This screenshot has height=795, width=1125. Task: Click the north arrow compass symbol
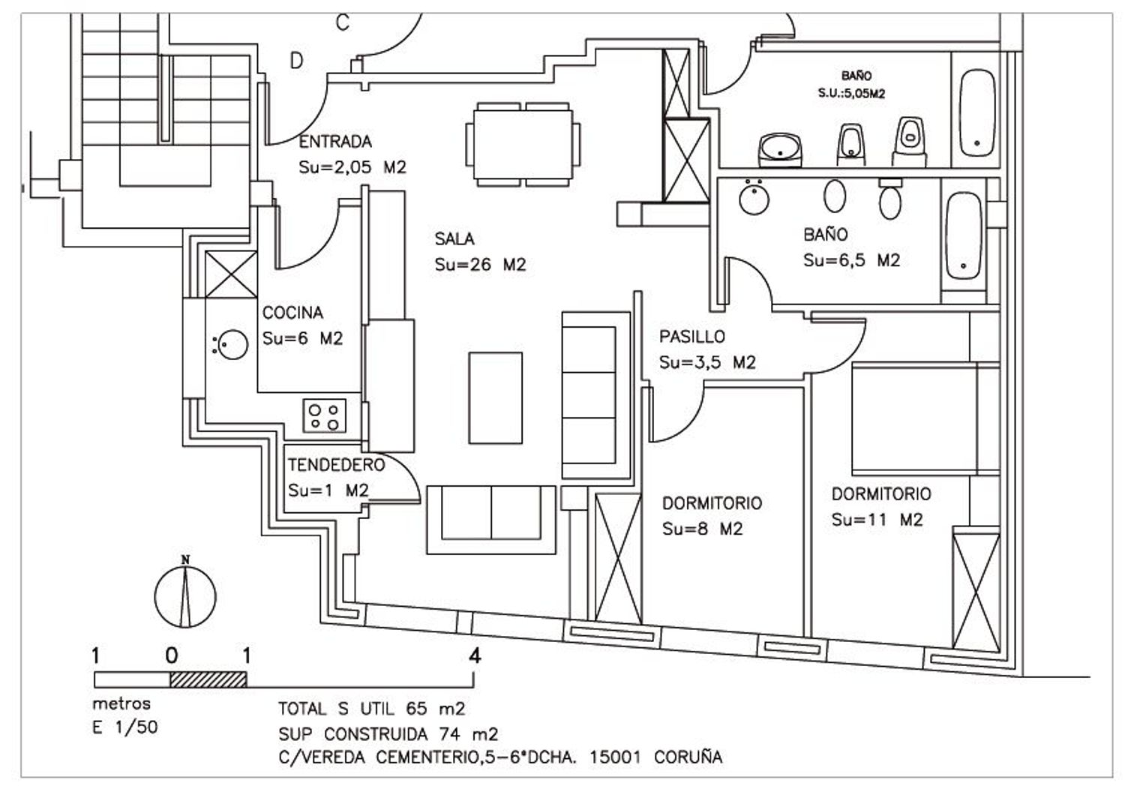tap(185, 595)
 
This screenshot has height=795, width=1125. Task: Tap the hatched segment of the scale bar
tap(208, 679)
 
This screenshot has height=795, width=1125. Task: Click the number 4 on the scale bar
tap(474, 656)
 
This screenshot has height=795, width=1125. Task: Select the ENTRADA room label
tap(335, 142)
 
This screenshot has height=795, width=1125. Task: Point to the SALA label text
tap(454, 239)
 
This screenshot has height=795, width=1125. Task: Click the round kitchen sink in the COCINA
tap(231, 344)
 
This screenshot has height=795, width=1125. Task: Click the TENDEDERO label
tap(336, 465)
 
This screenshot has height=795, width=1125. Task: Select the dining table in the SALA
tap(523, 144)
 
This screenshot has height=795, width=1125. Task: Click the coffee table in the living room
tap(496, 397)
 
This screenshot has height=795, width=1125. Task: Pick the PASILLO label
tap(692, 337)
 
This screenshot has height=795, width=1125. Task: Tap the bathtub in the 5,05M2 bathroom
tap(977, 112)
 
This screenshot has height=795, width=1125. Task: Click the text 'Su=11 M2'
tap(877, 520)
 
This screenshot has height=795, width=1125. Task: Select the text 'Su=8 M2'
tap(702, 529)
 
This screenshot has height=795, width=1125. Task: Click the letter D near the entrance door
tap(297, 61)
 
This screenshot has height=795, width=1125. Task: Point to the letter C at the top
tap(342, 24)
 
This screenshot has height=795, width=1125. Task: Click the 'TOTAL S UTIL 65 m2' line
tap(372, 709)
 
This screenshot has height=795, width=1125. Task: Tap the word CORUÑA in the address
tap(688, 757)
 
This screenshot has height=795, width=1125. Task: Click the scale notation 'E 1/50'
tap(125, 727)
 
